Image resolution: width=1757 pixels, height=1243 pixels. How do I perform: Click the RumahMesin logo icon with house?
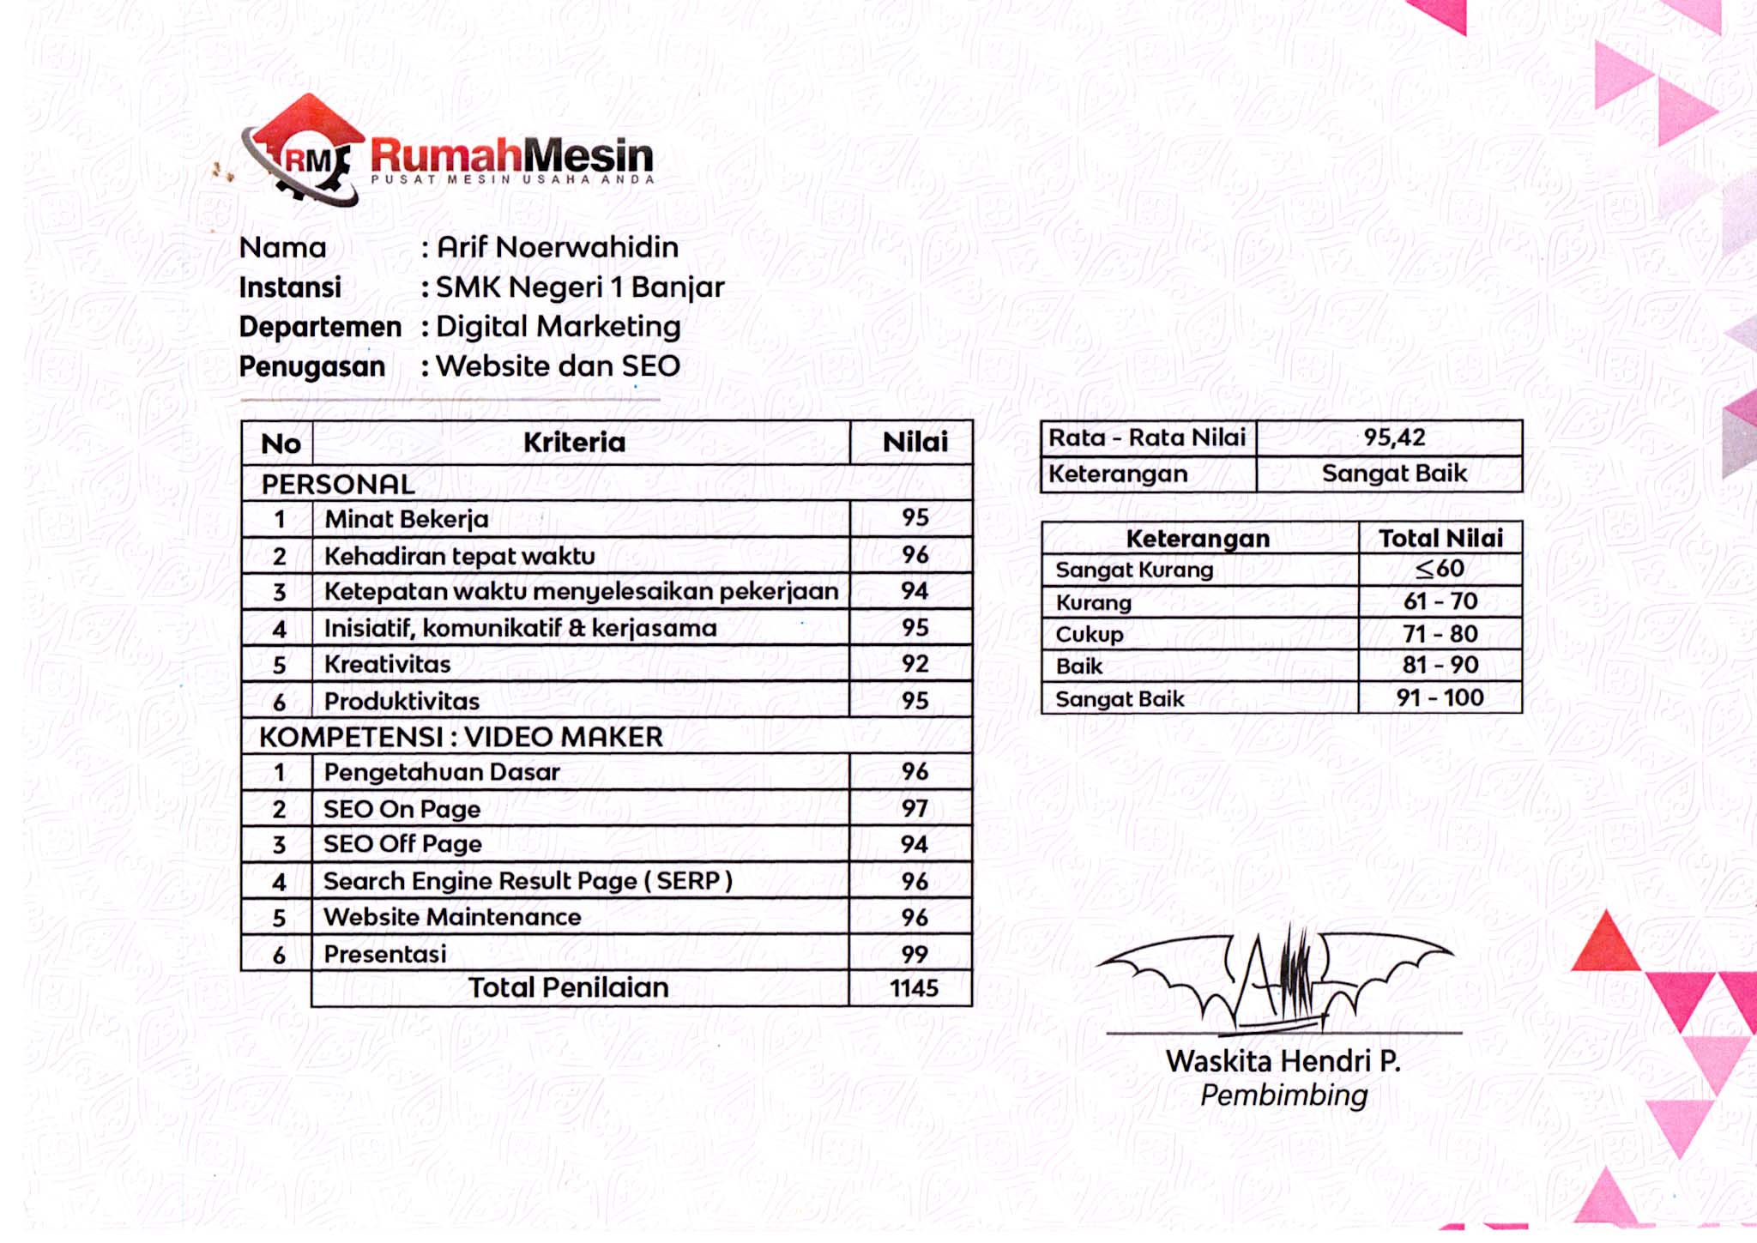305,151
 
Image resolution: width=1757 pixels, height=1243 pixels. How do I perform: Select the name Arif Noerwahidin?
558,247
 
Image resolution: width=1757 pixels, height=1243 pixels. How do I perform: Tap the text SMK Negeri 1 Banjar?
580,287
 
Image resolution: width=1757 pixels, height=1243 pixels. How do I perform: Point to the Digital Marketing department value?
558,327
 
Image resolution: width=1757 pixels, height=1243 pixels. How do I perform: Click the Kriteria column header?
574,443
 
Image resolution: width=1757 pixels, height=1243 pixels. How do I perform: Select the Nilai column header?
915,443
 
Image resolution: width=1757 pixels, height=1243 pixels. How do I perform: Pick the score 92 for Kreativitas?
915,664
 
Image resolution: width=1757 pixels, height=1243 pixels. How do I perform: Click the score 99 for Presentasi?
915,954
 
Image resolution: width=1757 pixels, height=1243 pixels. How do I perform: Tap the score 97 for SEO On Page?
915,808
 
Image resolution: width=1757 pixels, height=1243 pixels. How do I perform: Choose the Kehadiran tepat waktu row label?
459,556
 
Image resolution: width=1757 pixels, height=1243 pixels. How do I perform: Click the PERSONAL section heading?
338,484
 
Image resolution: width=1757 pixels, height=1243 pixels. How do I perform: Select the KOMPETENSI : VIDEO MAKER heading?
461,737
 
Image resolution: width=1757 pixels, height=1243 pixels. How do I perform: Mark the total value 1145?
914,988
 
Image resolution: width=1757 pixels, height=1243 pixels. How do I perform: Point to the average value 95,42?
1394,437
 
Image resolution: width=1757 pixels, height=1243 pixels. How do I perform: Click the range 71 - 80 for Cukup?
1440,634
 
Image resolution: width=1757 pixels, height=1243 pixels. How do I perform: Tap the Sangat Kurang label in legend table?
1134,570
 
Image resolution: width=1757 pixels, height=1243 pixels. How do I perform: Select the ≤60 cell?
1440,568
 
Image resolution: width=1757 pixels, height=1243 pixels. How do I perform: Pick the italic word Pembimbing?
1283,1095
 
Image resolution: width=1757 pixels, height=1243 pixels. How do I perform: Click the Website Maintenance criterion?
452,917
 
